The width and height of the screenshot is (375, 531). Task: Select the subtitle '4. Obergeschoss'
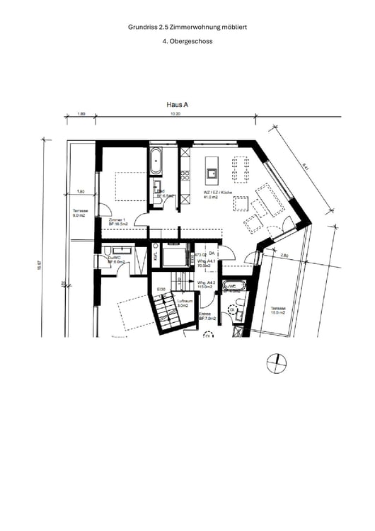pyautogui.click(x=187, y=41)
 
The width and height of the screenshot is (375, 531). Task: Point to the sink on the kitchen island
pyautogui.click(x=212, y=171)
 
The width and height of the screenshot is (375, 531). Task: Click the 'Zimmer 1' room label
pyautogui.click(x=117, y=220)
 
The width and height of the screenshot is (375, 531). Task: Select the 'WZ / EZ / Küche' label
pyautogui.click(x=217, y=193)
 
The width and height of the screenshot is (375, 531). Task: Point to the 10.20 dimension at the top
pyautogui.click(x=176, y=114)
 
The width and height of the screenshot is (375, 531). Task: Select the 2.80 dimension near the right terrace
pyautogui.click(x=284, y=255)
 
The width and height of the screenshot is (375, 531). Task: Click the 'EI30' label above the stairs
pyautogui.click(x=161, y=290)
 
